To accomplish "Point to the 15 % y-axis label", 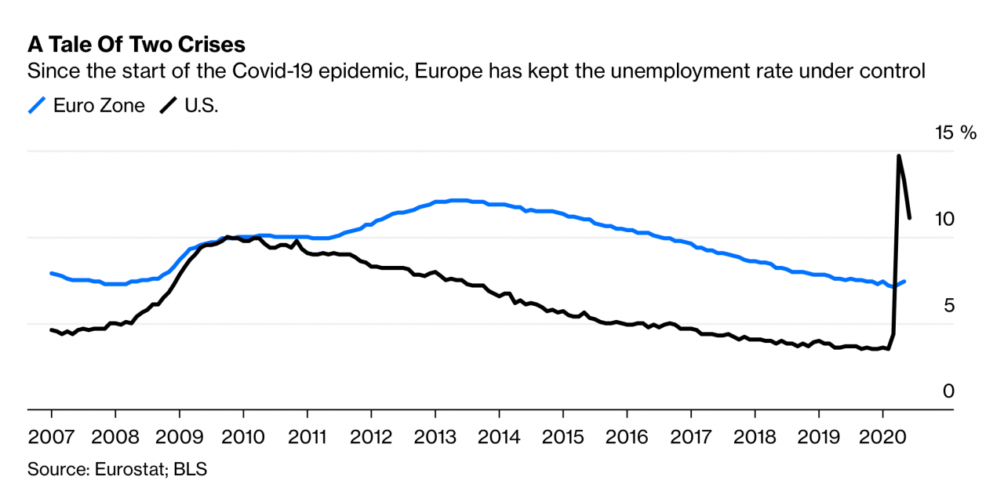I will pyautogui.click(x=956, y=133).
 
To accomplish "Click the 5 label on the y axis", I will pyautogui.click(x=949, y=305).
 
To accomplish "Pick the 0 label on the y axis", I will pyautogui.click(x=949, y=391).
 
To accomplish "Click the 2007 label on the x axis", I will pyautogui.click(x=51, y=436).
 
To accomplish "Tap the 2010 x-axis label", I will pyautogui.click(x=243, y=436).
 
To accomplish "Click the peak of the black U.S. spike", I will pyautogui.click(x=899, y=156).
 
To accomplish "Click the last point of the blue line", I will pyautogui.click(x=905, y=281).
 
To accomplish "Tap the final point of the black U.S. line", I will pyautogui.click(x=910, y=218).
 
